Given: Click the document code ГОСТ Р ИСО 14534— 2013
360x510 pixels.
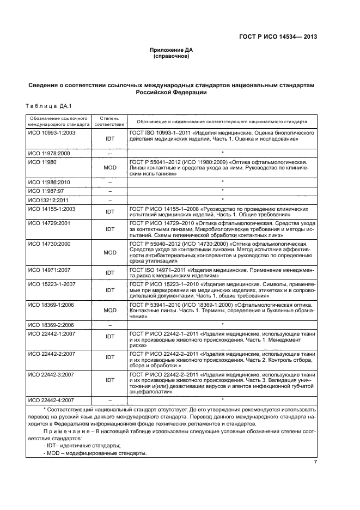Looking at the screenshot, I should [x=278, y=37].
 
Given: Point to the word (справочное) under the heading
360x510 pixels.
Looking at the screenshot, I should [x=171, y=56].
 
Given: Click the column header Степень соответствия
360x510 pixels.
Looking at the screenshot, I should [x=110, y=121].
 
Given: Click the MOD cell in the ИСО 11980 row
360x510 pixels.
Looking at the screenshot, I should [x=110, y=168].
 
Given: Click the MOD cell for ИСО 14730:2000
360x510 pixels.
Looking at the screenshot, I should [x=110, y=253].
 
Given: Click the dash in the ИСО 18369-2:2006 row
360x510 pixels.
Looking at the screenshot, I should [x=110, y=325].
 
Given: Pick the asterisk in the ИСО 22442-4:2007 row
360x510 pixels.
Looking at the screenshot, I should [x=223, y=399].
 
